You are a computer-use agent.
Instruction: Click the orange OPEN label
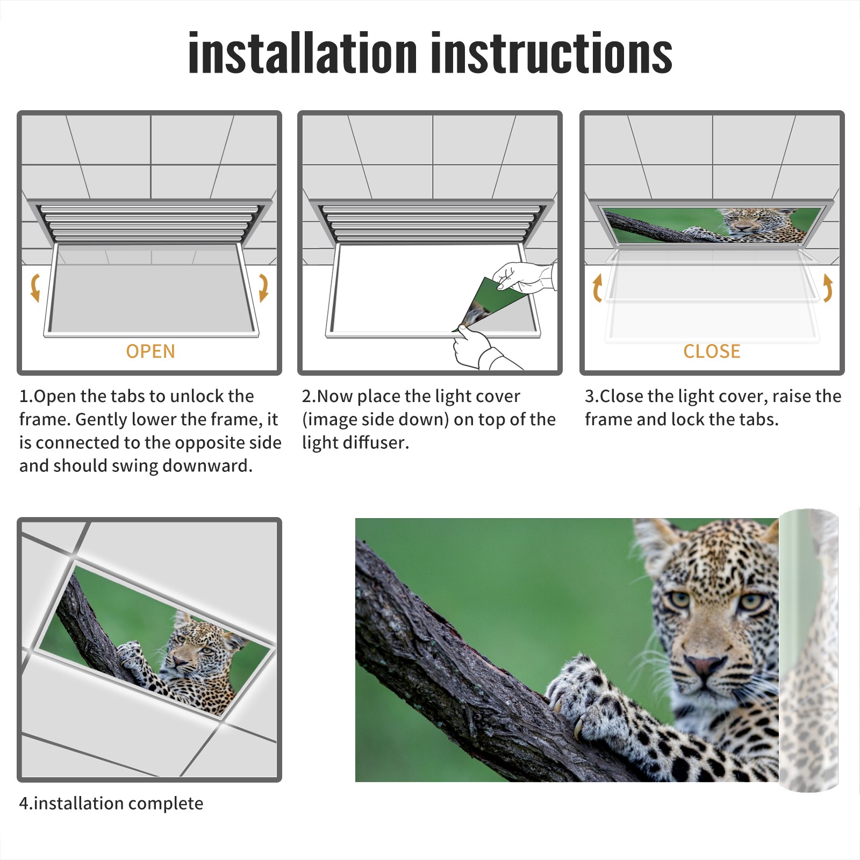pyautogui.click(x=150, y=351)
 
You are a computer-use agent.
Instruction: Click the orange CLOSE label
pyautogui.click(x=712, y=351)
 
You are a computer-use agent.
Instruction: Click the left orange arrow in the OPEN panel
pyautogui.click(x=35, y=288)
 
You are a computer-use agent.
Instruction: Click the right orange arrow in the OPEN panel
pyautogui.click(x=263, y=288)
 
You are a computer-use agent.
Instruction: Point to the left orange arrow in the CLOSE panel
pyautogui.click(x=597, y=288)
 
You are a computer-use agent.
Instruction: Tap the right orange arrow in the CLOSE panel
pyautogui.click(x=828, y=288)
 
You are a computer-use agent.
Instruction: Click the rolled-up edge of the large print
pyautogui.click(x=808, y=650)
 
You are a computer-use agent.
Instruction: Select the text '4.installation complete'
pyautogui.click(x=111, y=804)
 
